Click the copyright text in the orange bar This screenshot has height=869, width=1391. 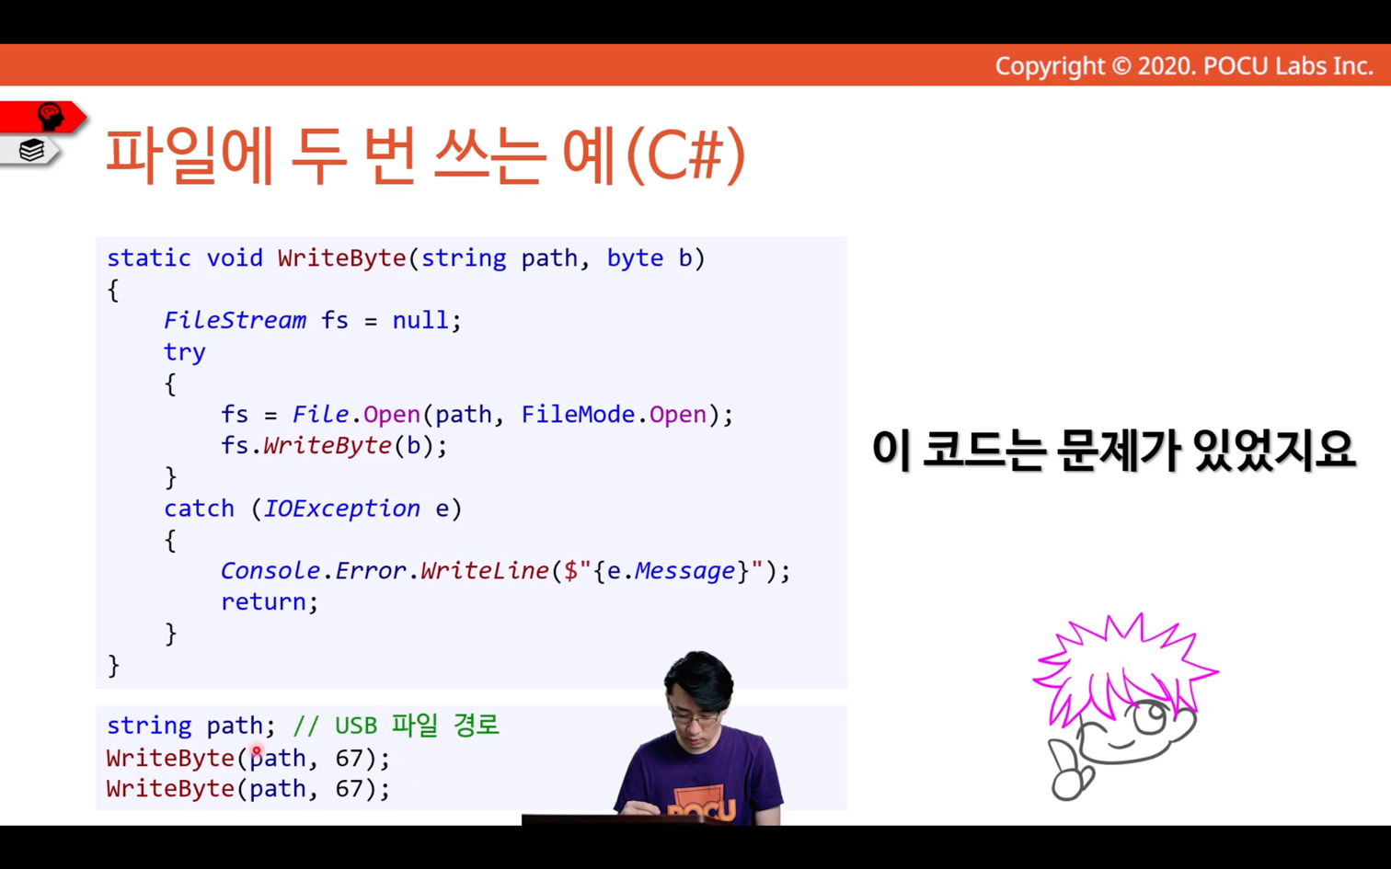pyautogui.click(x=1184, y=66)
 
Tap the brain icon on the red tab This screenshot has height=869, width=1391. pyautogui.click(x=51, y=117)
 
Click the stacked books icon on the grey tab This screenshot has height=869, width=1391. pyautogui.click(x=31, y=150)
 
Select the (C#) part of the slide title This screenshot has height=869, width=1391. pyautogui.click(x=685, y=155)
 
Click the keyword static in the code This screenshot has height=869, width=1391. pyautogui.click(x=149, y=258)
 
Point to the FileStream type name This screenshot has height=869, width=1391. pyautogui.click(x=235, y=320)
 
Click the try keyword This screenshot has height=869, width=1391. pyautogui.click(x=184, y=352)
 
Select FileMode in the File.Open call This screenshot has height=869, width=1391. pyautogui.click(x=578, y=414)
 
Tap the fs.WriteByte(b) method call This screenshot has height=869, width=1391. pyautogui.click(x=333, y=446)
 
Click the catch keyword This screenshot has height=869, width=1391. pyautogui.click(x=200, y=509)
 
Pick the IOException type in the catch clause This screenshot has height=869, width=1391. pyautogui.click(x=342, y=509)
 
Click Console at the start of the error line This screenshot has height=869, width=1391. pyautogui.click(x=270, y=570)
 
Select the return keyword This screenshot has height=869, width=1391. pyautogui.click(x=263, y=602)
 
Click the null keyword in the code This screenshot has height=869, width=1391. pyautogui.click(x=420, y=320)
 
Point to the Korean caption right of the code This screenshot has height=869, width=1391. pyautogui.click(x=1113, y=450)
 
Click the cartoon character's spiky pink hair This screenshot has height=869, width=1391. pyautogui.click(x=1124, y=664)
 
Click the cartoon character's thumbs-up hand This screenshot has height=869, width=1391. pyautogui.click(x=1069, y=772)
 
